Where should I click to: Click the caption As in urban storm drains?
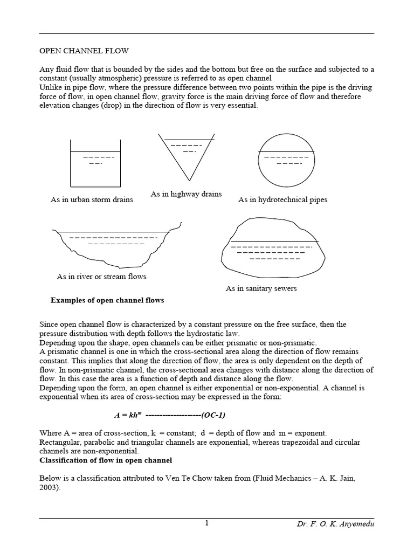click(92, 199)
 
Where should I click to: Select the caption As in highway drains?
click(186, 194)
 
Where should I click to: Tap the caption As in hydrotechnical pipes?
click(282, 199)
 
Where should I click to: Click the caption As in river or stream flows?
click(102, 277)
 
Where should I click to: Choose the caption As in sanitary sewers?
click(261, 288)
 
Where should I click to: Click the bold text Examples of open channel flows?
click(107, 300)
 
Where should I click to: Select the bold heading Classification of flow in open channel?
click(106, 460)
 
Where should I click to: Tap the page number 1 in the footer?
click(207, 523)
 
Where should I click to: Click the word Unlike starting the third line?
click(51, 87)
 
